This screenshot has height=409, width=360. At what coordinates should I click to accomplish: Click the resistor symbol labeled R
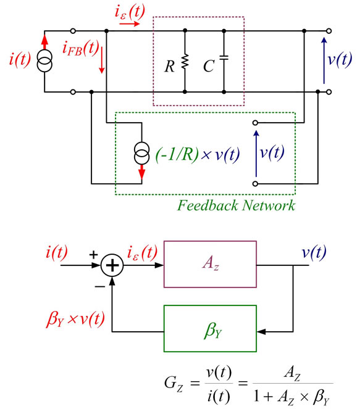[185, 62]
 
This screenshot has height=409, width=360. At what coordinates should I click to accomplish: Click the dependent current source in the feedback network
[142, 154]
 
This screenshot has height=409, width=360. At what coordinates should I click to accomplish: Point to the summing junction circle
[112, 265]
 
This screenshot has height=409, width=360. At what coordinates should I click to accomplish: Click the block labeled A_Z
[210, 264]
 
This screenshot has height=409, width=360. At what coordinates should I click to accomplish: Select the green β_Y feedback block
[210, 329]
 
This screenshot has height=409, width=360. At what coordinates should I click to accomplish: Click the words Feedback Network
[237, 205]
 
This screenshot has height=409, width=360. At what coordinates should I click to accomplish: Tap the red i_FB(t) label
[81, 48]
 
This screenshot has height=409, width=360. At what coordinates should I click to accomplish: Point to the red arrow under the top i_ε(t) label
[130, 24]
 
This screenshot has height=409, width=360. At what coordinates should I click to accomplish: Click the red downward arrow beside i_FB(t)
[102, 60]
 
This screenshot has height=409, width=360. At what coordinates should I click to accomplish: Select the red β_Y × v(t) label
[75, 319]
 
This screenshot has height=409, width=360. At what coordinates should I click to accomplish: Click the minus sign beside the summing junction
[99, 287]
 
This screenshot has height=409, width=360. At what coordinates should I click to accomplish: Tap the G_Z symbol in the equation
[174, 384]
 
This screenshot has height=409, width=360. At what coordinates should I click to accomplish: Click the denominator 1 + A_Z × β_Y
[292, 397]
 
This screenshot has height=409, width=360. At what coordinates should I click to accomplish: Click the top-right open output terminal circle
[329, 31]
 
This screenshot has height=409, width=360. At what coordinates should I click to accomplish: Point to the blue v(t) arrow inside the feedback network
[256, 154]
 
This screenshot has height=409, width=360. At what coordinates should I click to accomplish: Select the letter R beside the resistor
[169, 67]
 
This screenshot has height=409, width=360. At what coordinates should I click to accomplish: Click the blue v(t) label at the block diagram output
[314, 252]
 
